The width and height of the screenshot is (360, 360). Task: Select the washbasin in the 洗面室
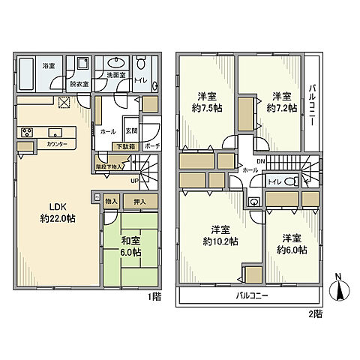tap(115, 62)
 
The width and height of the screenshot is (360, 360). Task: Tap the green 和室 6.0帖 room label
tap(132, 246)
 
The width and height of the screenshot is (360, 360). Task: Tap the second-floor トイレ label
tap(274, 181)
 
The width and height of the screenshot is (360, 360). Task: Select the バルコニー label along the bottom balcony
tap(246, 296)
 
